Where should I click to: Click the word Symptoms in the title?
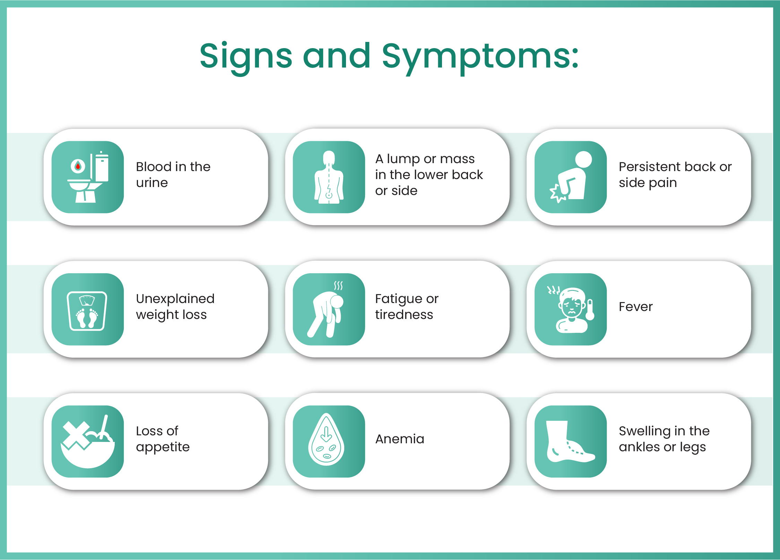click(x=480, y=57)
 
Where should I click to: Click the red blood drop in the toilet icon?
click(x=78, y=167)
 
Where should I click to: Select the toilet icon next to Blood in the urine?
click(x=88, y=177)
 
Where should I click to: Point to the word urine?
click(x=152, y=183)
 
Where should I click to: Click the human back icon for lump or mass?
click(x=329, y=177)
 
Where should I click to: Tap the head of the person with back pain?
click(x=583, y=159)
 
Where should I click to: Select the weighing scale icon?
click(x=87, y=311)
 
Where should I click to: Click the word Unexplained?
click(x=175, y=299)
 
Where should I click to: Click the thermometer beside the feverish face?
click(x=590, y=310)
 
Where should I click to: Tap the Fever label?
click(x=636, y=307)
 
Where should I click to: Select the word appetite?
click(x=163, y=447)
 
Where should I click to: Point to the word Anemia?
click(x=400, y=439)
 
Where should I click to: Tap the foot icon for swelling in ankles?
click(x=569, y=442)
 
